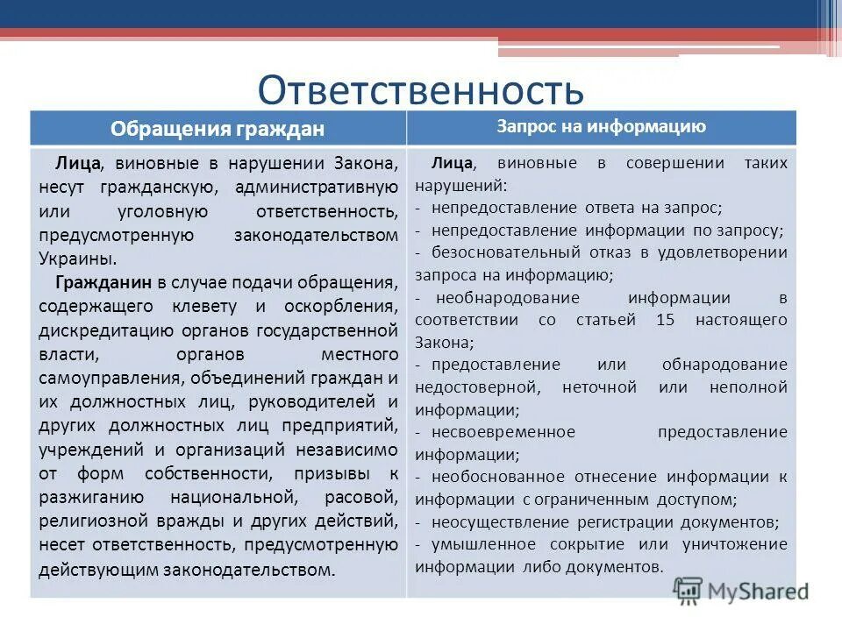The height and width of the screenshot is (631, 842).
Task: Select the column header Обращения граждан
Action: (x=218, y=129)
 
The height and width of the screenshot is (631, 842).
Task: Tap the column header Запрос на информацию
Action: (x=601, y=126)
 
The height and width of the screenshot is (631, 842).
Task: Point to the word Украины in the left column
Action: (x=76, y=259)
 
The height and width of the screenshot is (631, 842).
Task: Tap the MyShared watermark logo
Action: (x=741, y=591)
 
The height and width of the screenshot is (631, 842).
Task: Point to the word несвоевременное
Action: (x=495, y=432)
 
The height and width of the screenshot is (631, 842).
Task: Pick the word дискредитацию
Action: (x=97, y=330)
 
